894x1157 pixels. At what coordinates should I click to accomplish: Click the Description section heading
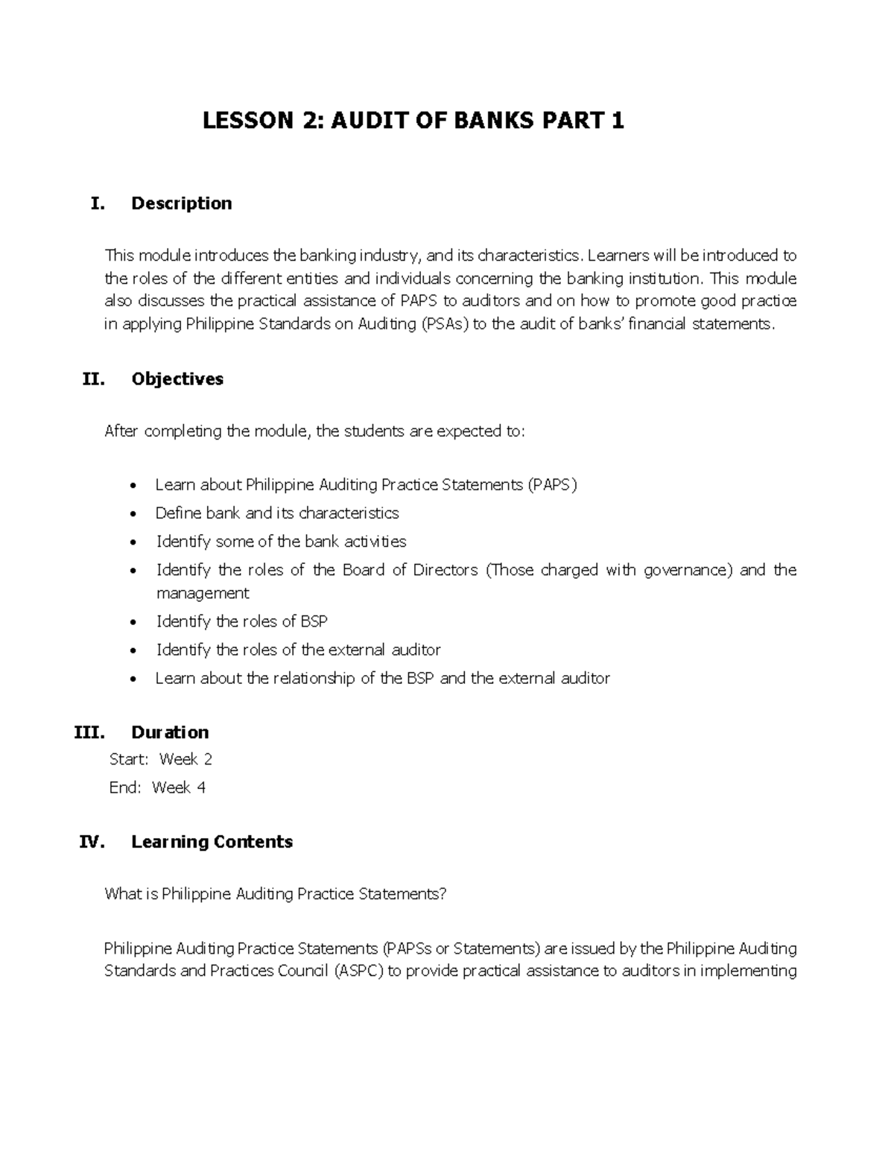pyautogui.click(x=181, y=203)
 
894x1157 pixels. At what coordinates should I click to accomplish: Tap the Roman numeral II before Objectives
pyautogui.click(x=93, y=379)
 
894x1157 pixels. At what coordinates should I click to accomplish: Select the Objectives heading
pyautogui.click(x=177, y=379)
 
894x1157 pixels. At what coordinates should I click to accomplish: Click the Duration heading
pyautogui.click(x=170, y=732)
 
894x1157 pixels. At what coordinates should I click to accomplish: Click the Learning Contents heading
pyautogui.click(x=212, y=842)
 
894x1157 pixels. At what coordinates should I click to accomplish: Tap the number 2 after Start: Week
pyautogui.click(x=207, y=760)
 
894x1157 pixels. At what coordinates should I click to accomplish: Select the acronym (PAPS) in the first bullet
pyautogui.click(x=552, y=485)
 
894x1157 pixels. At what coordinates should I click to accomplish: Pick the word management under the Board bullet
pyautogui.click(x=202, y=594)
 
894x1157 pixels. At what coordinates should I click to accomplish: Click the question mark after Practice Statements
pyautogui.click(x=443, y=894)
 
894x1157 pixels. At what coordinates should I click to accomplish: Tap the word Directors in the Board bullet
pyautogui.click(x=446, y=571)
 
